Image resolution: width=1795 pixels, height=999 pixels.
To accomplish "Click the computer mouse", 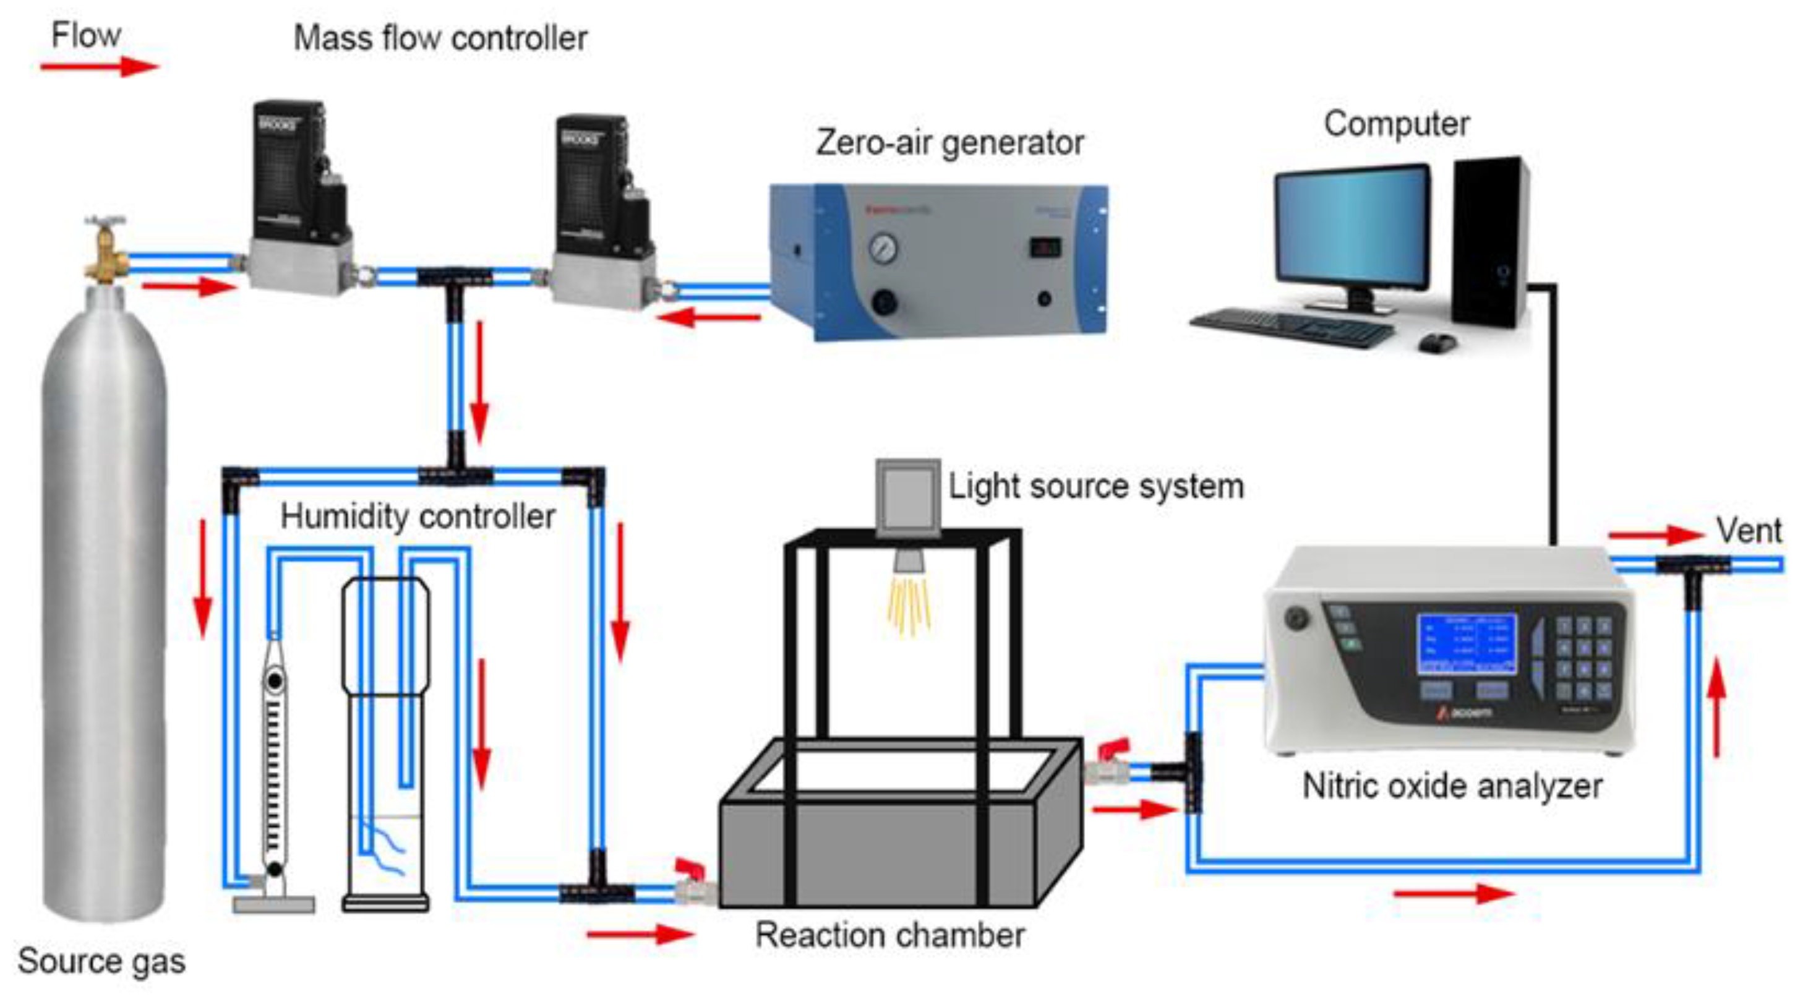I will (1437, 342).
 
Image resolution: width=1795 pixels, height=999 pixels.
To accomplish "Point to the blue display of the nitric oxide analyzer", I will (1466, 643).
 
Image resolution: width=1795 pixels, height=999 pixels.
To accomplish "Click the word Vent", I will (1747, 531).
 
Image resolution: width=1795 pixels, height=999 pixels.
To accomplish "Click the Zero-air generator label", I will (949, 143).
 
